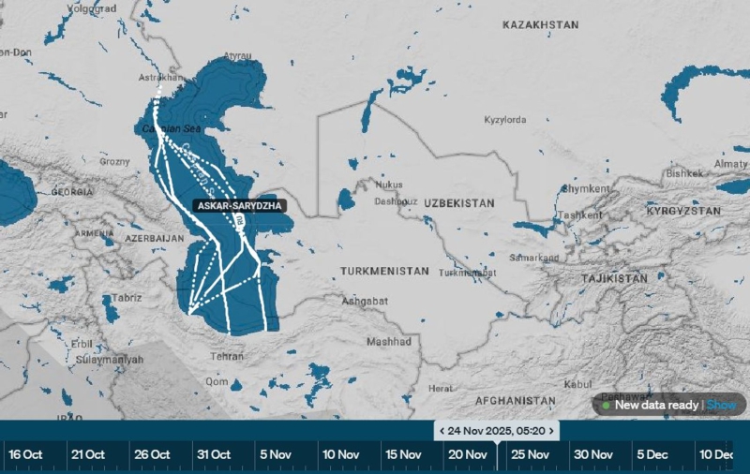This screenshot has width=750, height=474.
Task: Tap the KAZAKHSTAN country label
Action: click(x=540, y=26)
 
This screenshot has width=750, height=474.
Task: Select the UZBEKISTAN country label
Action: click(x=458, y=203)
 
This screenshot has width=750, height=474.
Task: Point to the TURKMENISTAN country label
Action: click(x=384, y=271)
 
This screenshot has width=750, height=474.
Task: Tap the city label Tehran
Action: click(x=229, y=357)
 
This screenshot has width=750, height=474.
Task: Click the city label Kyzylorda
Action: click(x=504, y=120)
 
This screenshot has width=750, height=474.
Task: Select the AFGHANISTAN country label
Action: click(x=516, y=400)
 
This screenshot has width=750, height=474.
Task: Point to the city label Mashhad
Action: click(x=388, y=342)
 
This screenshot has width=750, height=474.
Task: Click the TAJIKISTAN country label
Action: click(x=614, y=279)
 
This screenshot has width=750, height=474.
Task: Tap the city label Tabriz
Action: click(x=127, y=298)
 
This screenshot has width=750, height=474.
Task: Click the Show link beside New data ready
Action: click(x=721, y=405)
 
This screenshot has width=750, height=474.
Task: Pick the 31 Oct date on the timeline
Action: click(x=214, y=454)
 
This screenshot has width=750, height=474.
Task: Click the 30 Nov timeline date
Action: click(x=592, y=454)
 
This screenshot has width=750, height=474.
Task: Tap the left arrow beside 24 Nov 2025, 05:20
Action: click(x=440, y=430)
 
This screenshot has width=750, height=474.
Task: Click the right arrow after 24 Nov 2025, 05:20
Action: click(x=553, y=430)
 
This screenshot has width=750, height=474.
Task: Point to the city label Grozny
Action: click(x=115, y=161)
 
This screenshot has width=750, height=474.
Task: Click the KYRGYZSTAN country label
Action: click(x=683, y=212)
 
